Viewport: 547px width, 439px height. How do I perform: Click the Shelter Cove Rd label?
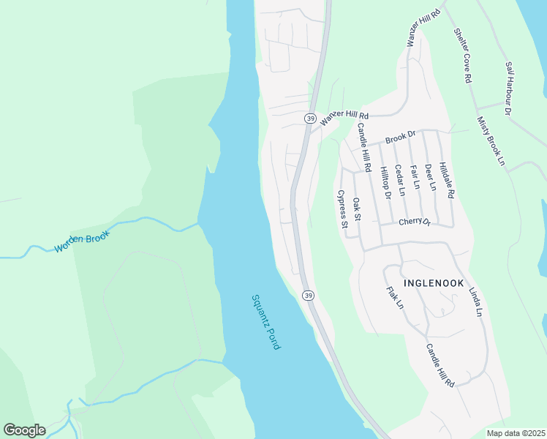point(464,56)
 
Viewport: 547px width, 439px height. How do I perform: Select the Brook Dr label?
point(401,137)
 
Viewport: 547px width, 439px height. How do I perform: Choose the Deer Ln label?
point(429,177)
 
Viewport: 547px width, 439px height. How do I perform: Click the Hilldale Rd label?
point(446,181)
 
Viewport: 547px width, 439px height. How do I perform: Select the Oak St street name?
point(357,209)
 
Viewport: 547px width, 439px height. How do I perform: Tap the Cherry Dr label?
point(415,222)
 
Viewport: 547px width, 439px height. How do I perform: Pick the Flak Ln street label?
point(394,296)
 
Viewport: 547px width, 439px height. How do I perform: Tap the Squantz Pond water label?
point(265,322)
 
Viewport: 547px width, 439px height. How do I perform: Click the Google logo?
point(24,429)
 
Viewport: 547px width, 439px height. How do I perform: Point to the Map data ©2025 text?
point(516,433)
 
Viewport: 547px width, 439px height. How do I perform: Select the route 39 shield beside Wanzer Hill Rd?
point(311,119)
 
